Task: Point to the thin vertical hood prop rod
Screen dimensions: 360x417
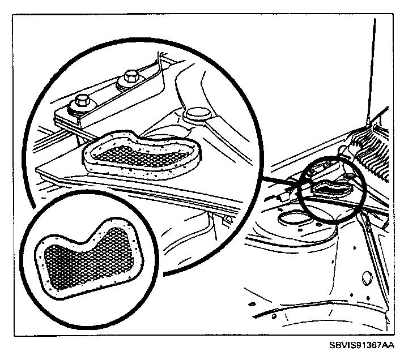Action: pos(372,68)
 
